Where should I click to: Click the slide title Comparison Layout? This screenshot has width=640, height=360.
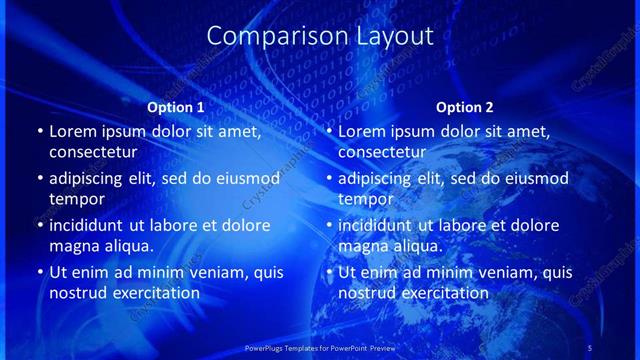coord(320,36)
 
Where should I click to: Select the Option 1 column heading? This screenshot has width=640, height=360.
coord(176,107)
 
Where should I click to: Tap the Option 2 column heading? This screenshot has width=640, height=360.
coord(465,107)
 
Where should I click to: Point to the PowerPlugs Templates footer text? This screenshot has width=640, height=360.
coord(319,347)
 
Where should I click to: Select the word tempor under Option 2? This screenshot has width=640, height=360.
coord(362,199)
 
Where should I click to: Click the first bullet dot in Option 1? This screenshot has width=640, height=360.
coord(40,131)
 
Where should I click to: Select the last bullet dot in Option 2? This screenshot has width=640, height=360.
coord(329,272)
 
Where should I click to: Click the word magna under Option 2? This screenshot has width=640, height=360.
coord(364,246)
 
